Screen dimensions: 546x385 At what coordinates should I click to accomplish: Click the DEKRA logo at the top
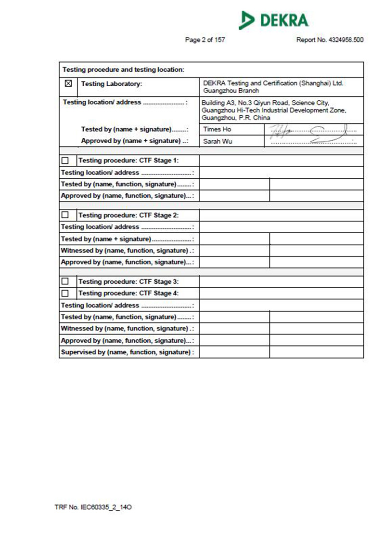pyautogui.click(x=273, y=20)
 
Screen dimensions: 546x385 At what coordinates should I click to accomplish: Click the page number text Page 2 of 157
pyautogui.click(x=205, y=40)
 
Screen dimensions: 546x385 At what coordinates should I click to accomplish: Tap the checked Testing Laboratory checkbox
pyautogui.click(x=68, y=83)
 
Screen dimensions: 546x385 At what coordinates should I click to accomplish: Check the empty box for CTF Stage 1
pyautogui.click(x=65, y=161)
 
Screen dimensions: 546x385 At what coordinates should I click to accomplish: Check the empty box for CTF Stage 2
pyautogui.click(x=65, y=215)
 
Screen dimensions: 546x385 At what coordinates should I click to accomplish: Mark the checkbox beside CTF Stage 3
pyautogui.click(x=65, y=281)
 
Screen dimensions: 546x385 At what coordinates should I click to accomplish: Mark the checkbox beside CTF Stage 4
pyautogui.click(x=65, y=293)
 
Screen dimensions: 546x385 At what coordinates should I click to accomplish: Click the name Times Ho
pyautogui.click(x=217, y=129)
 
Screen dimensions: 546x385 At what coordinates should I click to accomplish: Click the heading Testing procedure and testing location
pyautogui.click(x=123, y=70)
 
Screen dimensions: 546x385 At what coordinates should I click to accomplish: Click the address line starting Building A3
pyautogui.click(x=265, y=103)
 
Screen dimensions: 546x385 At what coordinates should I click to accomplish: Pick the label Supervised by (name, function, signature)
pyautogui.click(x=128, y=352)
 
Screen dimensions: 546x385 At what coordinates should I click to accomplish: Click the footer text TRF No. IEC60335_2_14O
pyautogui.click(x=93, y=507)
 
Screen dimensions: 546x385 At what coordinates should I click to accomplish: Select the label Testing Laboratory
pyautogui.click(x=112, y=84)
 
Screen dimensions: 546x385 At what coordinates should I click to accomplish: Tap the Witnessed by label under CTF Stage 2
pyautogui.click(x=128, y=251)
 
